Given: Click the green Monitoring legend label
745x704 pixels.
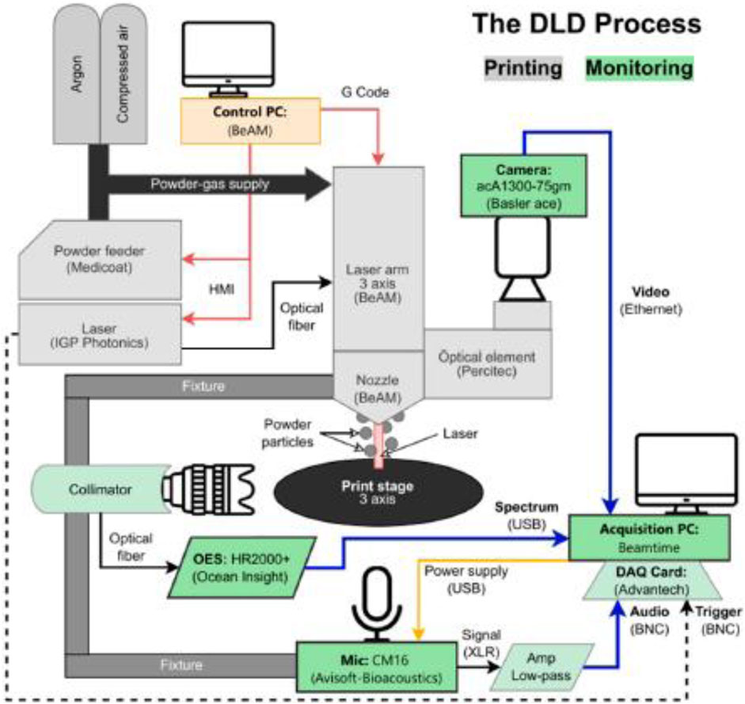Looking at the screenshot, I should [639, 67].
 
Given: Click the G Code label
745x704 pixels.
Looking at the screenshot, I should [364, 93].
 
